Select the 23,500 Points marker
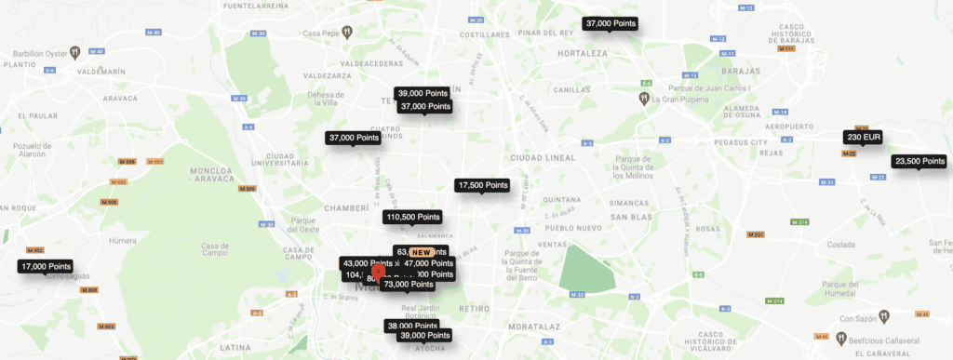coord(919,161)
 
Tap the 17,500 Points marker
coord(482,185)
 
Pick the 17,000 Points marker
coord(46,266)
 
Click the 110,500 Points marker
coord(412,217)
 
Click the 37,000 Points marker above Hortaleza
coord(610,23)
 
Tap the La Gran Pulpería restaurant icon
coord(643,97)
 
